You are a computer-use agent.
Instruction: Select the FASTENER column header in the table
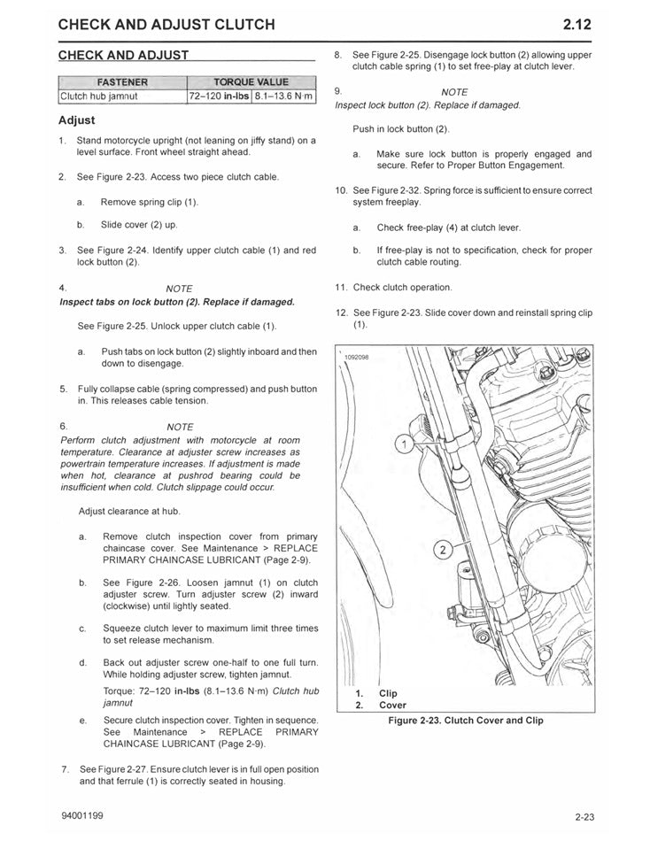[121, 82]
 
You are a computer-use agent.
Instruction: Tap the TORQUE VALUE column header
[251, 82]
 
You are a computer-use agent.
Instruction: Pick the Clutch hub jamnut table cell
[98, 96]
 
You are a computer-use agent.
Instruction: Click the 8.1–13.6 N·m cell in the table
[283, 96]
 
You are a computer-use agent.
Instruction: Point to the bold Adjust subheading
[77, 120]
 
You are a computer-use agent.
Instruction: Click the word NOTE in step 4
[179, 289]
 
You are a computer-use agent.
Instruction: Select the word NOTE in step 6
[180, 427]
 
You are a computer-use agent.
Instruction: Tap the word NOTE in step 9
[454, 92]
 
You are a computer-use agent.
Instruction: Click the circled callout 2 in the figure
[440, 551]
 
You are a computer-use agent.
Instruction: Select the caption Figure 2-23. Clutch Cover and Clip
[466, 721]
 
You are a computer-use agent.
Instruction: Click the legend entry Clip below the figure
[388, 693]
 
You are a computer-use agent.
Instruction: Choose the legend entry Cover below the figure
[392, 706]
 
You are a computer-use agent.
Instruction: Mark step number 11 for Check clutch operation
[341, 287]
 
